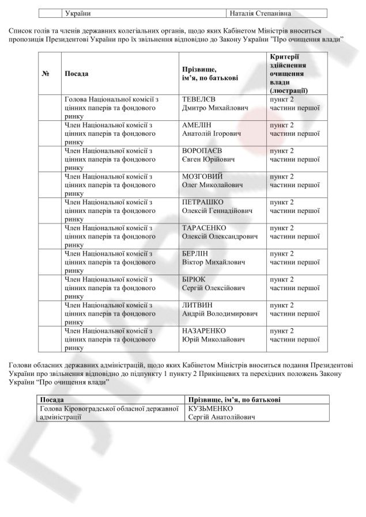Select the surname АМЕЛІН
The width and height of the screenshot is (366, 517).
coord(197,125)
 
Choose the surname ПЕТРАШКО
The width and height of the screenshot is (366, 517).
coord(202,202)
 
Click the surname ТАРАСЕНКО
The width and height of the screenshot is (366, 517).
coord(203,228)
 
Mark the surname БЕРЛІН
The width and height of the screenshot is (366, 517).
coord(195,253)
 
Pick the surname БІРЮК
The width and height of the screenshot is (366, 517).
coord(193,279)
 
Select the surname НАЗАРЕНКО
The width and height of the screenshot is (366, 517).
coord(203,331)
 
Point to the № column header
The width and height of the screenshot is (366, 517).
coord(46,74)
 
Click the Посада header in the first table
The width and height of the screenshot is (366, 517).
coord(77,74)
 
